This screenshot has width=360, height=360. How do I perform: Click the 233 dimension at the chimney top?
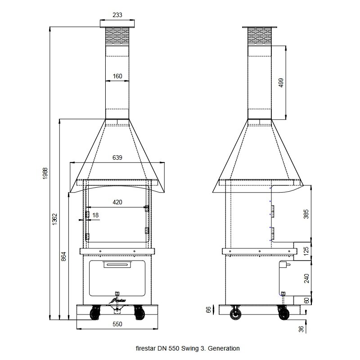[117, 15]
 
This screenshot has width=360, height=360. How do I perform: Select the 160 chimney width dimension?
[117, 76]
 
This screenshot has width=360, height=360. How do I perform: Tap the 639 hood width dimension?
[117, 158]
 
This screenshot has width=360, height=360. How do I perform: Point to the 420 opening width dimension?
[117, 202]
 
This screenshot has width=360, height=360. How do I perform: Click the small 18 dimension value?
[95, 215]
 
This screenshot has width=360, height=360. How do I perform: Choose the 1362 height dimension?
[55, 220]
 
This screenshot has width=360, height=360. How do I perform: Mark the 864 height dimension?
[64, 256]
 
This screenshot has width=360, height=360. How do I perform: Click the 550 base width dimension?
[117, 324]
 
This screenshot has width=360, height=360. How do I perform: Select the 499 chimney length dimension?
[281, 82]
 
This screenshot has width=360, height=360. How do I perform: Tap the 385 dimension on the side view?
[306, 214]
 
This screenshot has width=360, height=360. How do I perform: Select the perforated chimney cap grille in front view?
[117, 36]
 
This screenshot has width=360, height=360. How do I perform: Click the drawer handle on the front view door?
[117, 265]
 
